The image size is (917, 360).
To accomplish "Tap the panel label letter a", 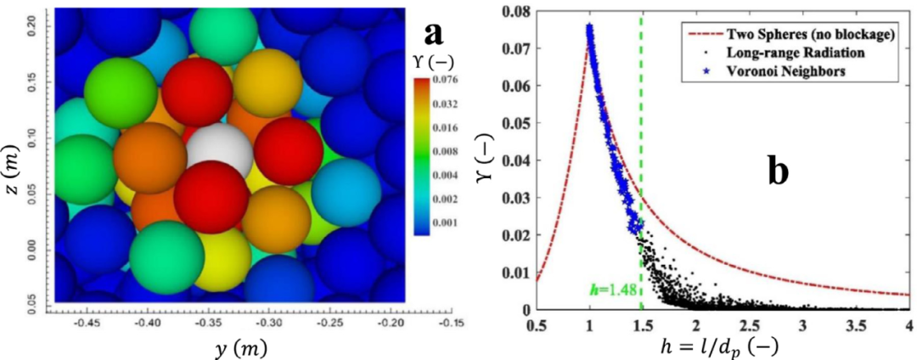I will click(x=434, y=33).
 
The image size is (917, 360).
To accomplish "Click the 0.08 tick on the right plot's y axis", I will click(x=515, y=12).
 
